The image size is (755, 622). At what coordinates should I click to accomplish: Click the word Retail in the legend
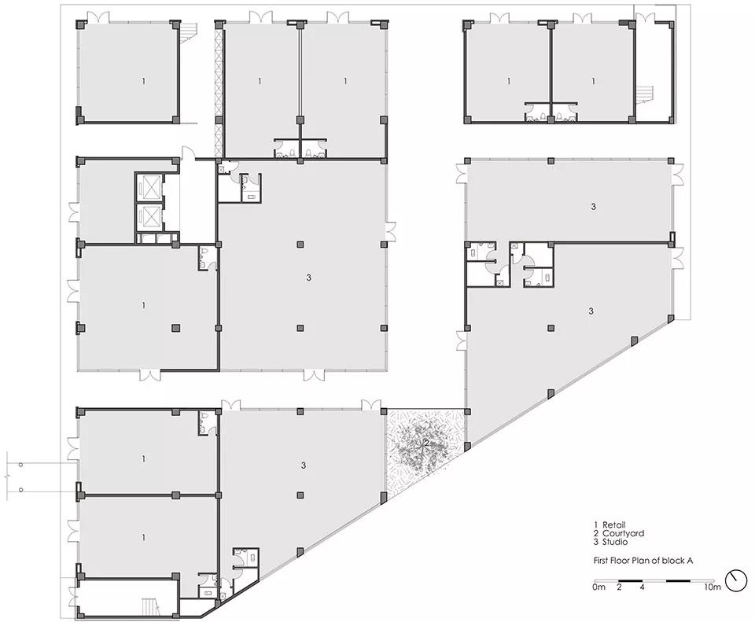click(x=613, y=525)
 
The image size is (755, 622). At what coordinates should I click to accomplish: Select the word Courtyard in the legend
click(x=623, y=533)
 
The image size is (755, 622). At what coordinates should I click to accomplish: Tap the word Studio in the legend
click(x=615, y=542)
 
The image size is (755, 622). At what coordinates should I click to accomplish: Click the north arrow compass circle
click(x=736, y=581)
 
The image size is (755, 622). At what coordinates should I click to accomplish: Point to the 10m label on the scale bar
click(x=713, y=587)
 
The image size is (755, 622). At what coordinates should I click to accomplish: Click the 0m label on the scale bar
click(x=598, y=587)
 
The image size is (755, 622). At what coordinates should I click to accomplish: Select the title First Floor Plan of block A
click(x=643, y=561)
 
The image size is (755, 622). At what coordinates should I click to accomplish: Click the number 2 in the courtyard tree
click(x=426, y=441)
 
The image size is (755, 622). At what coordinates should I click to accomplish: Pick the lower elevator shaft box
click(x=149, y=217)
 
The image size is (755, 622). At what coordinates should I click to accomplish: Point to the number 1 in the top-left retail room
click(x=143, y=81)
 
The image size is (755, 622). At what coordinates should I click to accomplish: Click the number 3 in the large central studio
click(x=308, y=278)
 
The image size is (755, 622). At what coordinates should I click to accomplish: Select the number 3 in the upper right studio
click(x=593, y=207)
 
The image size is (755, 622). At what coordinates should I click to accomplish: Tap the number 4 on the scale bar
click(x=643, y=587)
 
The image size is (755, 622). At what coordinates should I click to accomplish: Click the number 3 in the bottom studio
click(x=304, y=466)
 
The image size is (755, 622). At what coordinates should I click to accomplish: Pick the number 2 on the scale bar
click(x=619, y=587)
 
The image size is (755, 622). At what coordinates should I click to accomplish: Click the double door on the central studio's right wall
click(x=391, y=230)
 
